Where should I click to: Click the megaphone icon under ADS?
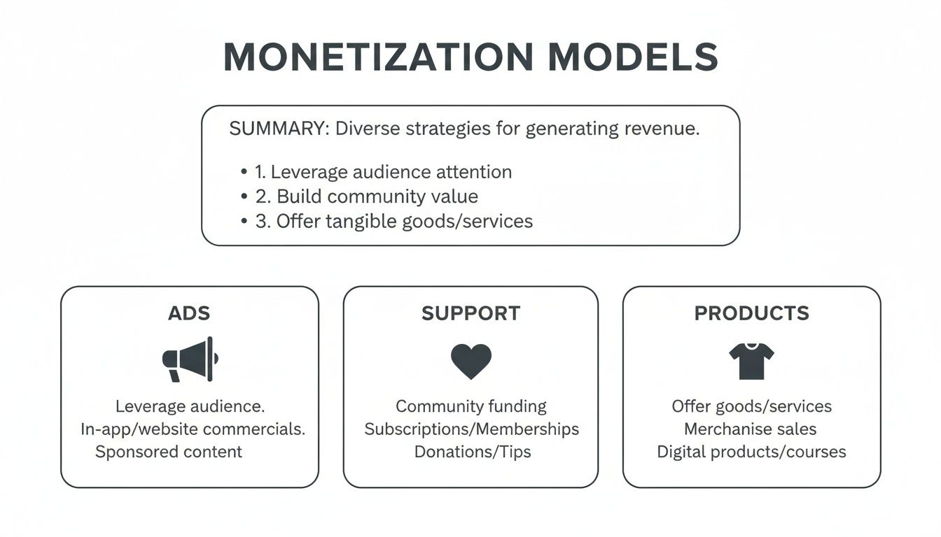pyautogui.click(x=190, y=360)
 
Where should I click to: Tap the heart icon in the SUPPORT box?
pyautogui.click(x=470, y=361)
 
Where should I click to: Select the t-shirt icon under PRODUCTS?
pyautogui.click(x=751, y=361)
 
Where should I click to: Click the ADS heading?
pyautogui.click(x=189, y=313)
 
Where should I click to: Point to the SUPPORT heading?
pyautogui.click(x=470, y=313)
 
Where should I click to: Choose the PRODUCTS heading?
pyautogui.click(x=751, y=313)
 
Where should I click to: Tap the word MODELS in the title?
pyautogui.click(x=633, y=57)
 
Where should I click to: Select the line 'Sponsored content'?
pyautogui.click(x=169, y=452)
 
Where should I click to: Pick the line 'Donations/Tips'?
pyautogui.click(x=472, y=452)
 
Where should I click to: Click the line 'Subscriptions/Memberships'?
pyautogui.click(x=471, y=429)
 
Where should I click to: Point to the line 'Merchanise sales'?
pyautogui.click(x=751, y=429)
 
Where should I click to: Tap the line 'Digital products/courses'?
pyautogui.click(x=751, y=452)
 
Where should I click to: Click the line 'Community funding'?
pyautogui.click(x=470, y=406)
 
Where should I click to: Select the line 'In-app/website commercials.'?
pyautogui.click(x=193, y=429)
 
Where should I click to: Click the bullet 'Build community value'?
pyautogui.click(x=367, y=196)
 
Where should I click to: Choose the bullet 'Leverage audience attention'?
pyautogui.click(x=383, y=172)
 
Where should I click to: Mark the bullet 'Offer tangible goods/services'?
pyautogui.click(x=393, y=222)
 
